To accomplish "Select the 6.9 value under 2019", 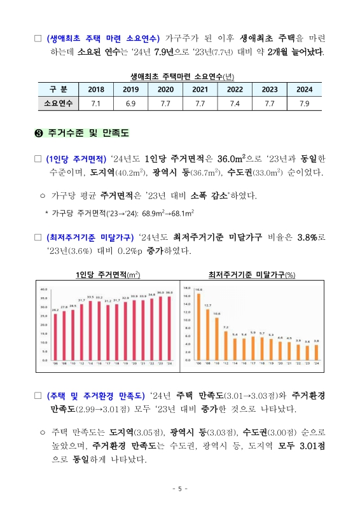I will [x=131, y=103].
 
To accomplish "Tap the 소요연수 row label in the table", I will [x=58, y=103].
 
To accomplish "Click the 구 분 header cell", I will [x=58, y=90].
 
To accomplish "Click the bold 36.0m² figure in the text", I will [x=236, y=158].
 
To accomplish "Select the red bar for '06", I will [x=55, y=337].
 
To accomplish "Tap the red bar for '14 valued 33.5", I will [x=90, y=331].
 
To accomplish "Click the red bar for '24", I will [x=169, y=328].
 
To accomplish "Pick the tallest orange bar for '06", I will [x=198, y=326].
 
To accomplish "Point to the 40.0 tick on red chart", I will [x=43, y=289].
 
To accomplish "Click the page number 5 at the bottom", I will [x=180, y=489].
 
